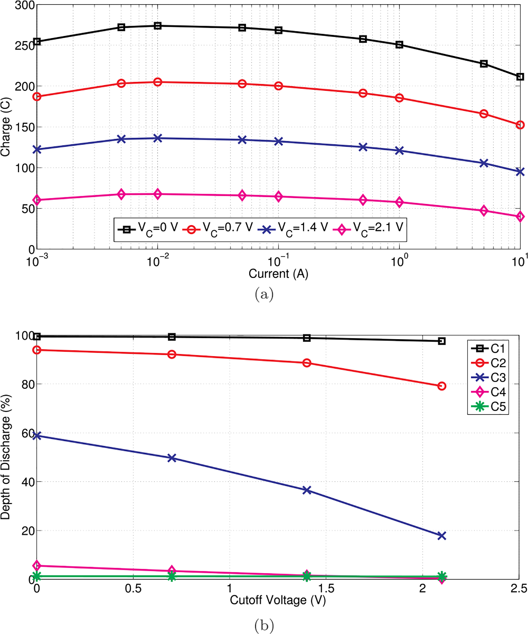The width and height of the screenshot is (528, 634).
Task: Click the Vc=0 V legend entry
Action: point(148,229)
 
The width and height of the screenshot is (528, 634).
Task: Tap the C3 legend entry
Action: point(489,378)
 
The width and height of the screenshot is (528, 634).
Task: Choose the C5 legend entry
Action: point(489,406)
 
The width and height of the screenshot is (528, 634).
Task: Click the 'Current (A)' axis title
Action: point(278,274)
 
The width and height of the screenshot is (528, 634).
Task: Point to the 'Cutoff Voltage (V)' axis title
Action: point(278,600)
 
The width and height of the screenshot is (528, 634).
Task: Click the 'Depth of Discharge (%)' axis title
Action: point(6,457)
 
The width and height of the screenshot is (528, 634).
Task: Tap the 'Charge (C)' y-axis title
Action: point(6,127)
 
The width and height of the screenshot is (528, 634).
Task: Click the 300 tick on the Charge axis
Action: point(25,5)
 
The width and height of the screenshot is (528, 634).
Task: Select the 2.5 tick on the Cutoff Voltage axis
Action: point(518,589)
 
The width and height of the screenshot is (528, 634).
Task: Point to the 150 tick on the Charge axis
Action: point(25,127)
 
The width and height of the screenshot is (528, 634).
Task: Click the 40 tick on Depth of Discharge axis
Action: point(28,482)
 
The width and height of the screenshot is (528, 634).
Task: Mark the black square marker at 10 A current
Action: point(520,77)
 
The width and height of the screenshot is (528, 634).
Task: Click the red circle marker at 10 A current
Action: point(520,125)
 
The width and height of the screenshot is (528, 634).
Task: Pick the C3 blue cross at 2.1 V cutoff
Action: point(442,536)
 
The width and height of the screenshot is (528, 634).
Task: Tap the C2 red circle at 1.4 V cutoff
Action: point(307,363)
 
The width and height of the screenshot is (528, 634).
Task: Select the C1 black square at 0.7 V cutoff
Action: point(172,337)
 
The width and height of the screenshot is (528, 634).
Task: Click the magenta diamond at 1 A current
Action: point(399,203)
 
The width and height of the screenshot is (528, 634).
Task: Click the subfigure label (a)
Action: point(264,294)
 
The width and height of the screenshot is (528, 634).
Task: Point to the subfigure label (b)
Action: point(264,626)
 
